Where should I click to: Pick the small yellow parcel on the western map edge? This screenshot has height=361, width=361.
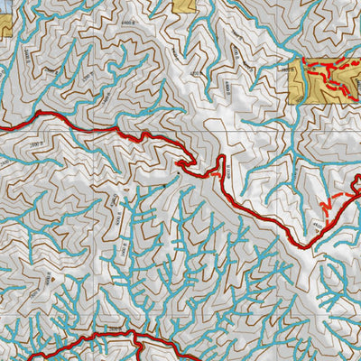4,22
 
